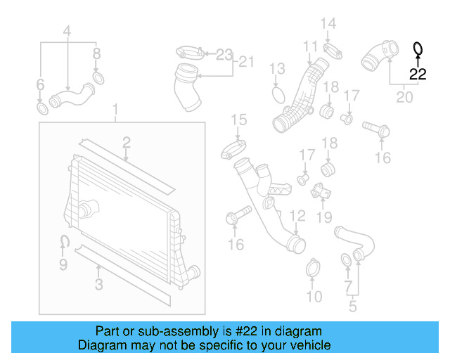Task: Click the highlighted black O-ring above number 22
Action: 418,49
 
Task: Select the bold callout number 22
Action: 418,73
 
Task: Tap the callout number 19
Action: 323,217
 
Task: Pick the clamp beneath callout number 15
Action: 234,150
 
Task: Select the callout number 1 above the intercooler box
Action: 117,109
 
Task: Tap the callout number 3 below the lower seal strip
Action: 99,284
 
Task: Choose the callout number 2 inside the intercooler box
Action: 126,143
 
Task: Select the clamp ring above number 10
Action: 314,268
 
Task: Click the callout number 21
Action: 243,62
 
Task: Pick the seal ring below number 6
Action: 41,109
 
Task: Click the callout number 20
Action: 404,97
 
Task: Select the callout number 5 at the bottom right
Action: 352,306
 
